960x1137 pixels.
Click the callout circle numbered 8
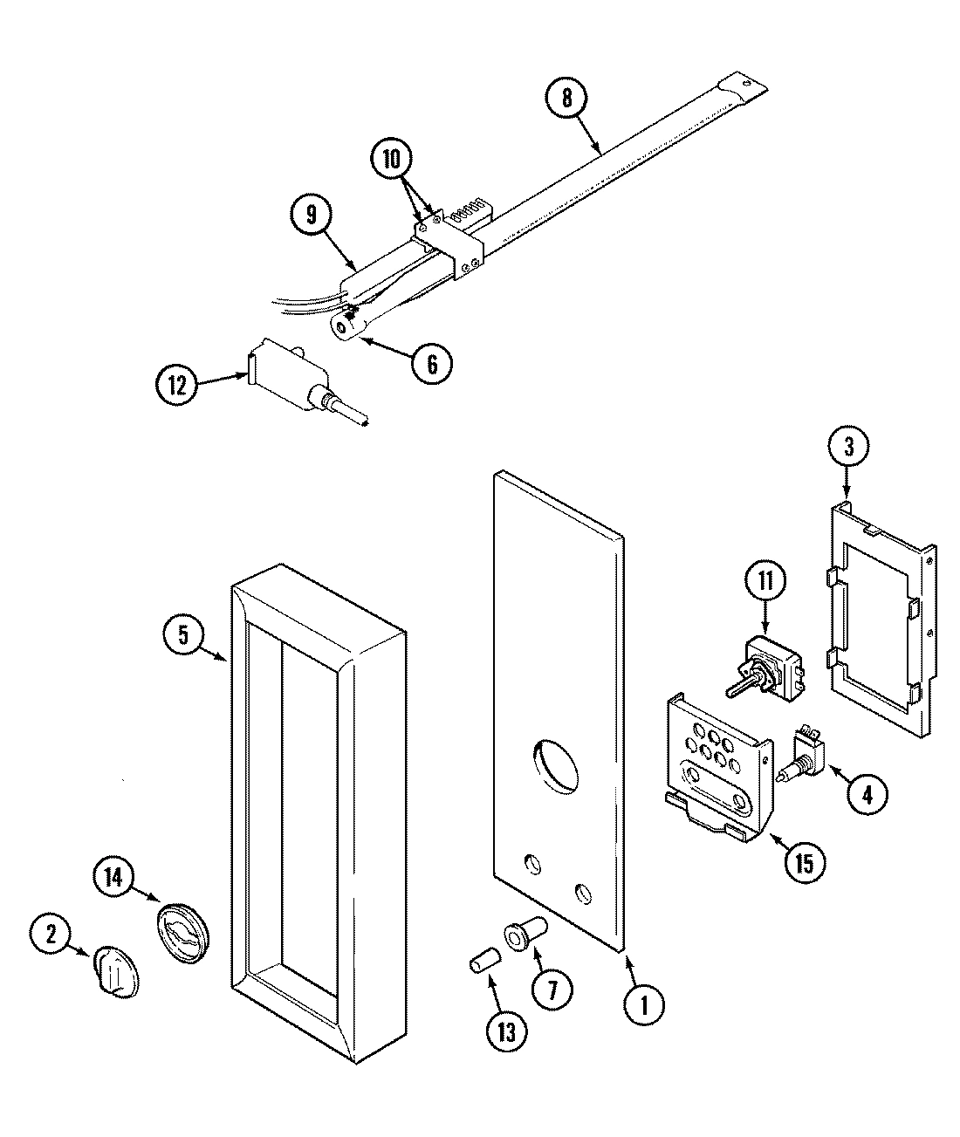(566, 98)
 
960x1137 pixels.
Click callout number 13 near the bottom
(507, 1032)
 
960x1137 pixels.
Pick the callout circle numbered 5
(183, 635)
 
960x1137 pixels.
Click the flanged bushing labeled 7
(524, 937)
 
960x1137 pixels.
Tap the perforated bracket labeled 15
(716, 759)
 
